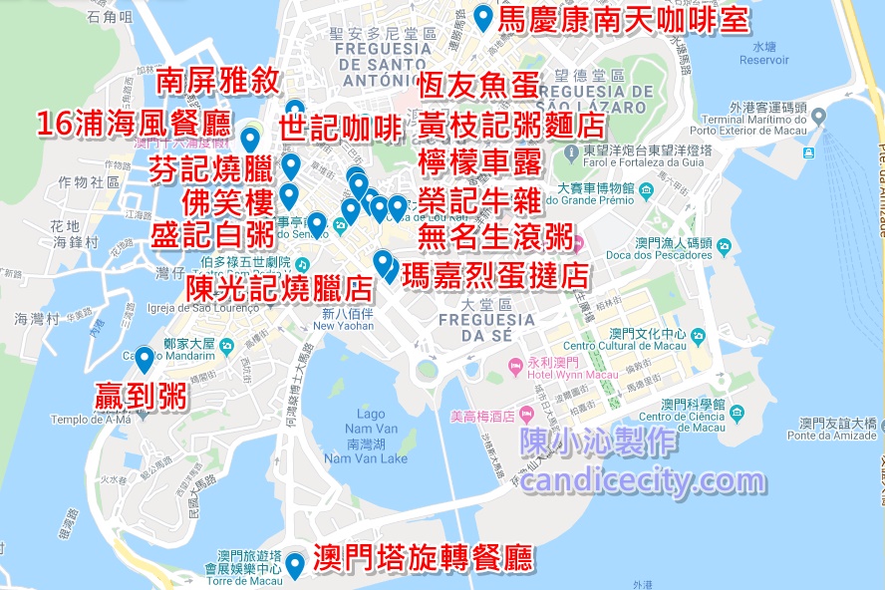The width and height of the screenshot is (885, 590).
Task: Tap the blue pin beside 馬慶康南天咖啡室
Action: [x=483, y=17]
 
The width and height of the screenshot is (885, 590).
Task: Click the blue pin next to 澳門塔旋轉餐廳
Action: [x=295, y=564]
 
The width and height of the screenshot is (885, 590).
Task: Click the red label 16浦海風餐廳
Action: [x=134, y=125]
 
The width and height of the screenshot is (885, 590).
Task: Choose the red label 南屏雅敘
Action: [x=218, y=82]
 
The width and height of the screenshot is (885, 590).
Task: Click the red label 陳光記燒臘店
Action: [x=278, y=288]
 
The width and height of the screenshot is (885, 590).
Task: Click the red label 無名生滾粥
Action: [x=495, y=237]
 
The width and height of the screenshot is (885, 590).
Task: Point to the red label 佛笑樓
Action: [x=227, y=202]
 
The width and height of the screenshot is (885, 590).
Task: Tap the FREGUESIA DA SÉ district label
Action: [x=486, y=327]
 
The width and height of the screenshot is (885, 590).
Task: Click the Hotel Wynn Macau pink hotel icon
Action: [x=515, y=367]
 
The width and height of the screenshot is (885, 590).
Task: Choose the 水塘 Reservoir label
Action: [x=764, y=53]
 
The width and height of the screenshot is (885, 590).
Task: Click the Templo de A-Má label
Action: [x=91, y=420]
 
